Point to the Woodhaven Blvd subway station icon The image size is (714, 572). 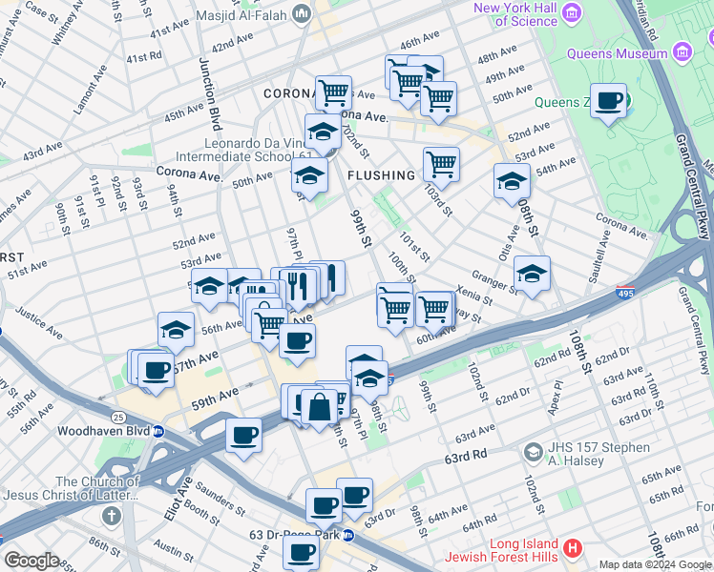(158, 431)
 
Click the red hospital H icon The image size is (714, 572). (572, 548)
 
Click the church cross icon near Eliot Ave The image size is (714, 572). (112, 517)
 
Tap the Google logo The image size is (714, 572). (31, 560)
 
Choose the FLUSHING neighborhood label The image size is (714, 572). (382, 175)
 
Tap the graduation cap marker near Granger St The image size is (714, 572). (532, 273)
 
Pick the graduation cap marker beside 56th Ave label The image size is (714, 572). (177, 329)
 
